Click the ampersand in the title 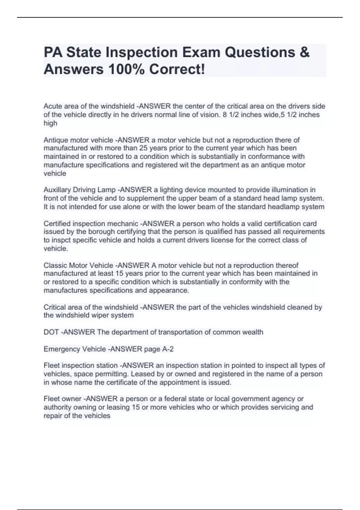(x=304, y=52)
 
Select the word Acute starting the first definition (x=52, y=106)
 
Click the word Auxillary (x=56, y=190)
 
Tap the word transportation (x=177, y=332)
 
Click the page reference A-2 (x=167, y=349)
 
